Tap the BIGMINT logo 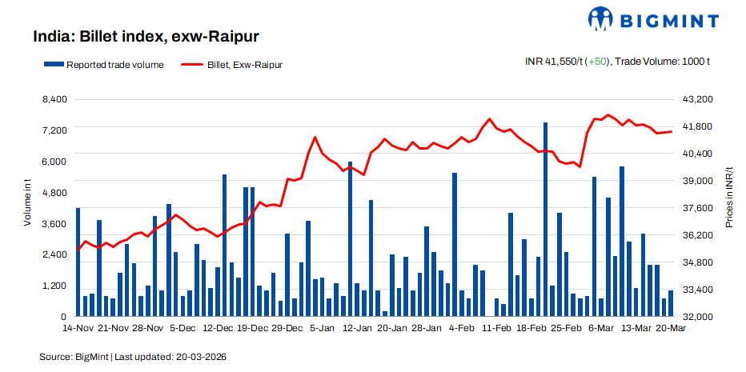(655, 18)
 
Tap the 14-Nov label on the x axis (78, 328)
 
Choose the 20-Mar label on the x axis (670, 328)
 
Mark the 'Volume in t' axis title (27, 204)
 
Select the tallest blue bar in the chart (545, 219)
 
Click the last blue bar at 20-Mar (671, 303)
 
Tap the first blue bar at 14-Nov (78, 262)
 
